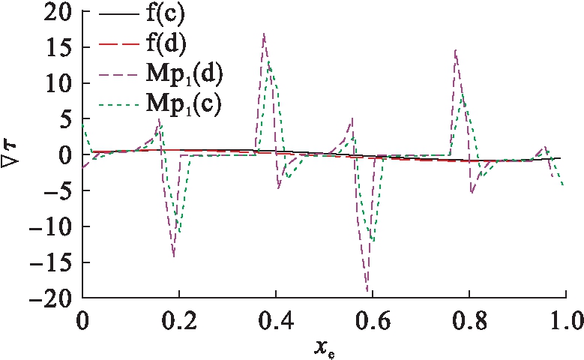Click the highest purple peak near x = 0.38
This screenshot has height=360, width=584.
pos(263,34)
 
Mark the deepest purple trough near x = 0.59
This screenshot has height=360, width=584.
pos(367,291)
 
